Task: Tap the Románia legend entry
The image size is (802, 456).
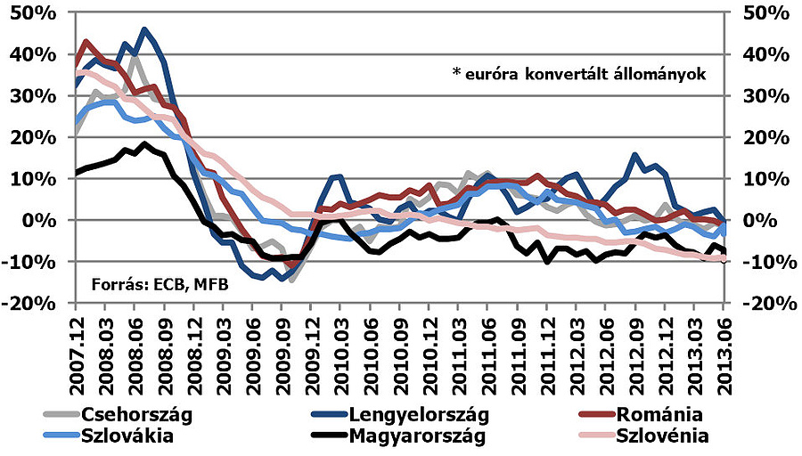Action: click(663, 414)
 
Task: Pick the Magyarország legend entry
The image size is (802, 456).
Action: click(420, 436)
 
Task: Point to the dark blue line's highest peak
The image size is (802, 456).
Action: click(145, 29)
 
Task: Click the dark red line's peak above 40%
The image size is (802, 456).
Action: click(86, 41)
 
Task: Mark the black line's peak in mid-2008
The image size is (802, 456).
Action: click(144, 143)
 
